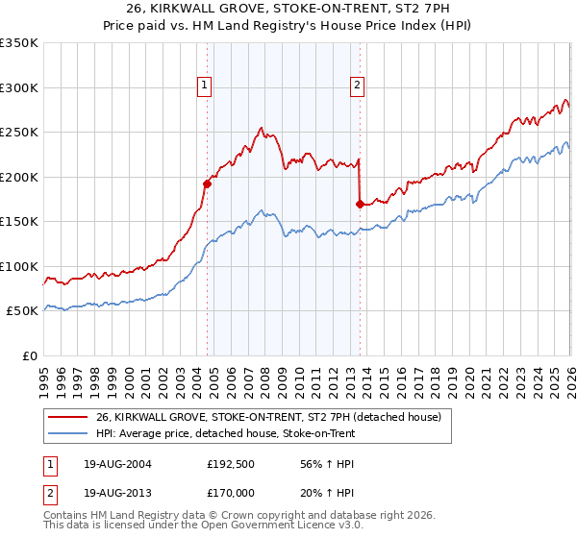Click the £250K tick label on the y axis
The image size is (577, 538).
coord(19,133)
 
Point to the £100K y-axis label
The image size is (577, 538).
coord(19,266)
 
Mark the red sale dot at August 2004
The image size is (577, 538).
coord(207,183)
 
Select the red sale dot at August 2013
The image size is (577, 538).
coord(360,204)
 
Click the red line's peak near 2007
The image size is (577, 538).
coord(261,127)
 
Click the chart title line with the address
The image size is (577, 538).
coord(288,11)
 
